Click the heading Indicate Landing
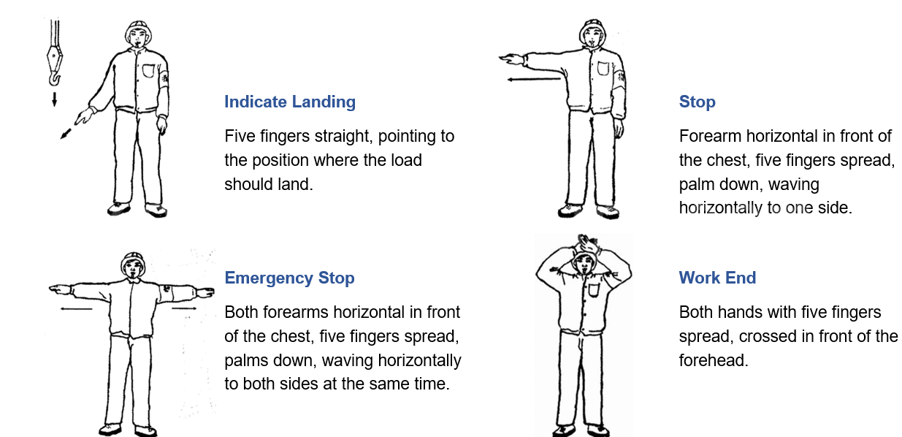289,102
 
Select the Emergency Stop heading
289,278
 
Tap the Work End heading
717,278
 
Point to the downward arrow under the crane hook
54,98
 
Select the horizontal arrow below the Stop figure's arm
533,78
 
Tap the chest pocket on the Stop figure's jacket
604,69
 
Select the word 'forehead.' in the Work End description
714,360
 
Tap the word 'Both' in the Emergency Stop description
240,312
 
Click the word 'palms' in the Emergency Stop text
246,360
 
